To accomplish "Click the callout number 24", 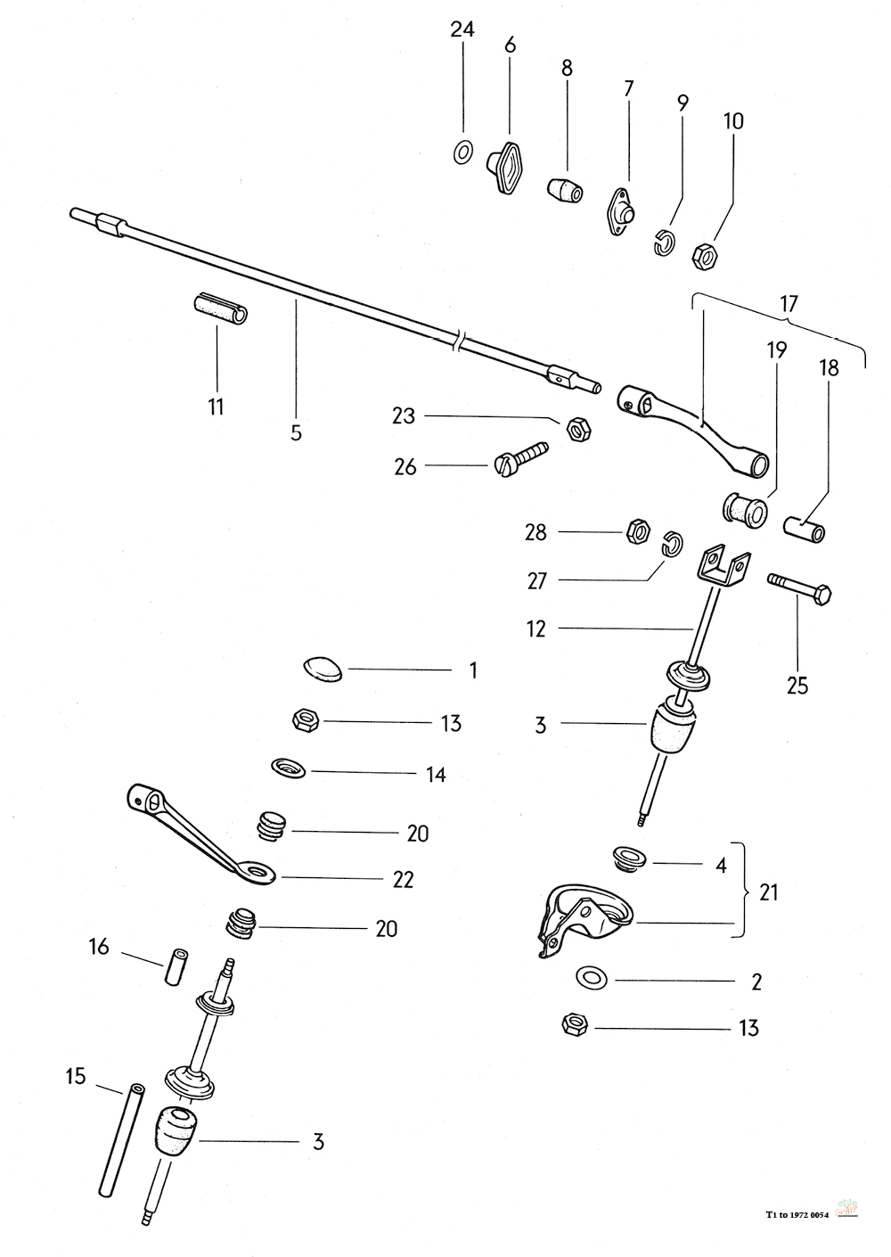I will (x=462, y=29).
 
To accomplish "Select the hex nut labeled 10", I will (x=705, y=256).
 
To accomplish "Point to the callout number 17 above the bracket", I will (x=789, y=303).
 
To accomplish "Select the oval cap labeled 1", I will (x=322, y=667).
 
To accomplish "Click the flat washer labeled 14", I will (x=288, y=767).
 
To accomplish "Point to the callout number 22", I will (x=403, y=879).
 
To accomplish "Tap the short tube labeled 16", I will (x=176, y=966).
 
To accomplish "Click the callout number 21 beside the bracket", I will (x=767, y=891).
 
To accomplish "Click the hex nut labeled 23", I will (x=576, y=429).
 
